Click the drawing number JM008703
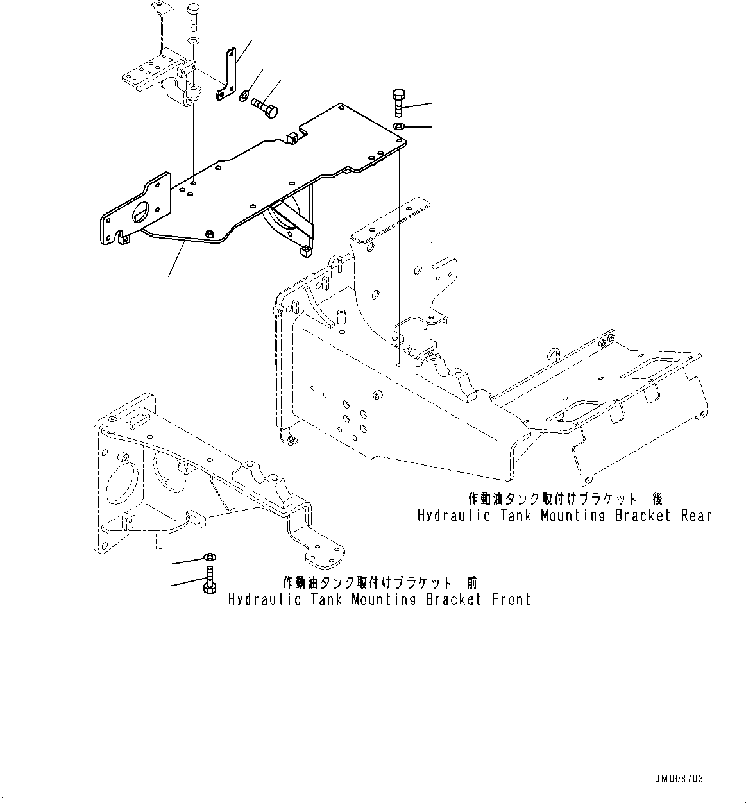click(x=679, y=779)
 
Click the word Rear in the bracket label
click(x=696, y=516)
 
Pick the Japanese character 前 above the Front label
click(x=471, y=582)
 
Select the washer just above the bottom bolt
click(x=210, y=555)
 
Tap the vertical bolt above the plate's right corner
click(x=397, y=103)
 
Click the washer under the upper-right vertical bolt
click(x=398, y=126)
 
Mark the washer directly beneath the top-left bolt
click(x=193, y=42)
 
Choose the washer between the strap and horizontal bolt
click(x=244, y=97)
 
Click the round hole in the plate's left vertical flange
click(x=143, y=212)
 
